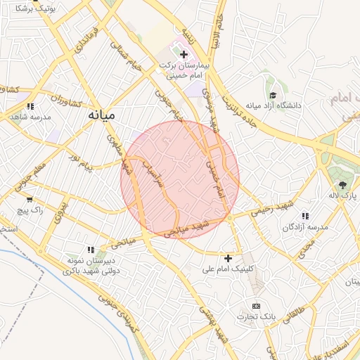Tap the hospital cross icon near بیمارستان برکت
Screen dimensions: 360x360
[x=184, y=54]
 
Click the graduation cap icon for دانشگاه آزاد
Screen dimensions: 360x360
[x=272, y=95]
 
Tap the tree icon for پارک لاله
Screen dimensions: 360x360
[x=342, y=185]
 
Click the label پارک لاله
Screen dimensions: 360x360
[x=342, y=196]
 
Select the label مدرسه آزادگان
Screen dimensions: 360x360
[x=306, y=228]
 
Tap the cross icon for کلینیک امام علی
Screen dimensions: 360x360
[x=228, y=258]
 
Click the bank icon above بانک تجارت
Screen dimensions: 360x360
[x=256, y=306]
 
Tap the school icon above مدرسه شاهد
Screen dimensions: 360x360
[x=30, y=105]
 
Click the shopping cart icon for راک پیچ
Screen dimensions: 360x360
[x=29, y=199]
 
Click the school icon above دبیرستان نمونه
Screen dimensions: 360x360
[x=90, y=249]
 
